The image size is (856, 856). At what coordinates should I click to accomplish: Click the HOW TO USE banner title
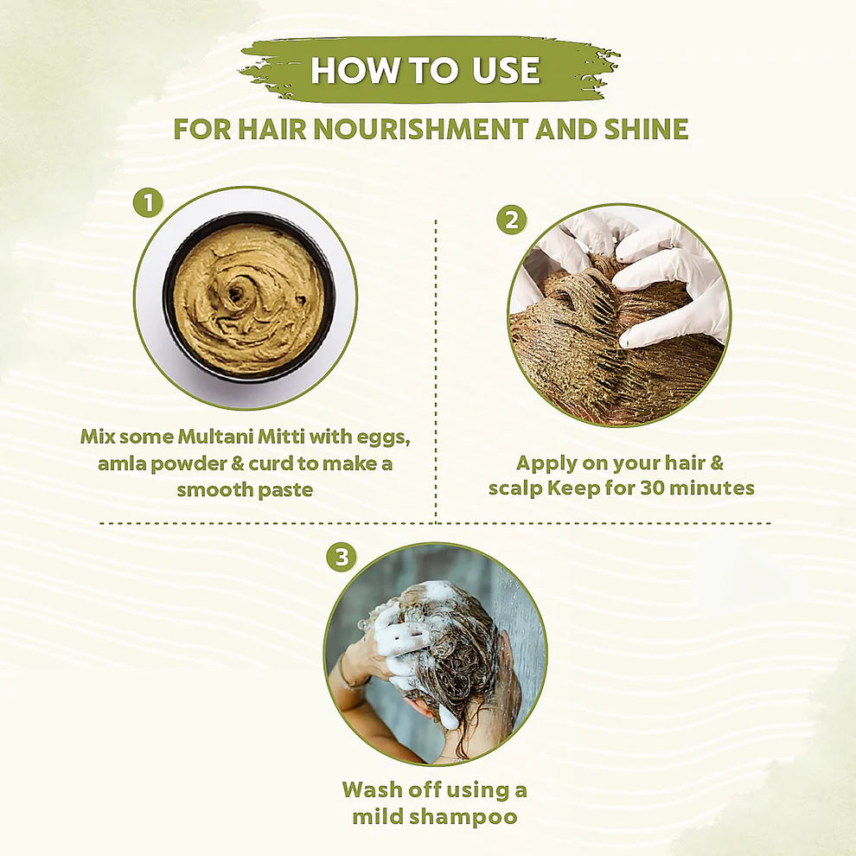click(425, 70)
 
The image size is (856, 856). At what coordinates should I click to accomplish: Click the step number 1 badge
click(148, 203)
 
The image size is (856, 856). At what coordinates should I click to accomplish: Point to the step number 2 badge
click(511, 220)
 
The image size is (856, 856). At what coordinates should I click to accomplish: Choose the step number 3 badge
click(342, 558)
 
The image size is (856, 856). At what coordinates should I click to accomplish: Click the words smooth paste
click(245, 490)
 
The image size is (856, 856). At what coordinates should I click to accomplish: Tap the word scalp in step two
click(515, 488)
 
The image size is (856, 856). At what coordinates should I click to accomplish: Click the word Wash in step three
click(371, 789)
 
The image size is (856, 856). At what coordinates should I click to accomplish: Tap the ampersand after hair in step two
click(715, 462)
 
